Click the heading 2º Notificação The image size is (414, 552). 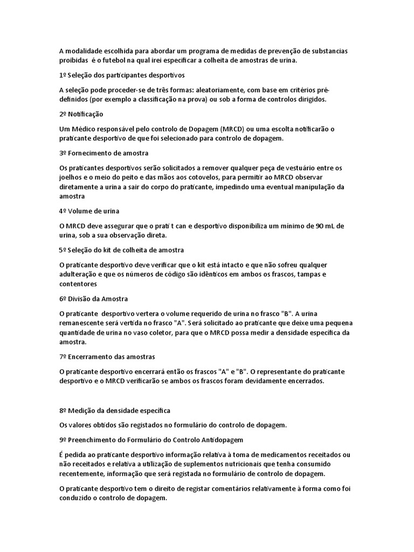point(81,114)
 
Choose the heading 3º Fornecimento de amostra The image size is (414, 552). point(103,153)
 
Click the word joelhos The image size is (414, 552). point(71,177)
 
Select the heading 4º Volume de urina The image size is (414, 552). point(89,211)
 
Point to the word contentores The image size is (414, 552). point(78,284)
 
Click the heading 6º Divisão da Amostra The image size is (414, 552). point(93,299)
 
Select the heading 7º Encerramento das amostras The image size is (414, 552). point(107,357)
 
